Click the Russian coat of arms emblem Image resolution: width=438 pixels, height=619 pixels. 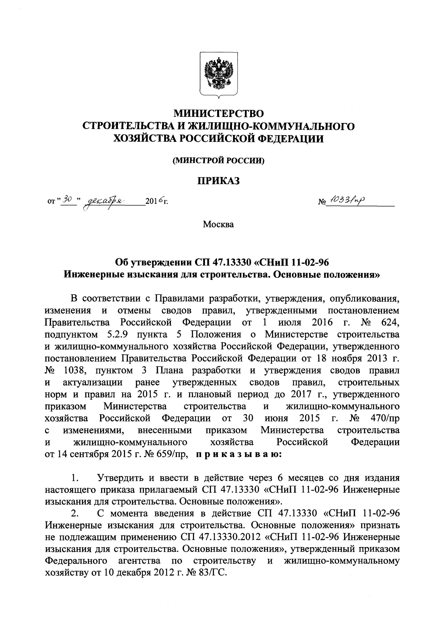(219, 74)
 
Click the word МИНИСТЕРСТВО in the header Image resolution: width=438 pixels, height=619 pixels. (219, 113)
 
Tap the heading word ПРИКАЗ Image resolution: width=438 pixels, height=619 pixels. (219, 181)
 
